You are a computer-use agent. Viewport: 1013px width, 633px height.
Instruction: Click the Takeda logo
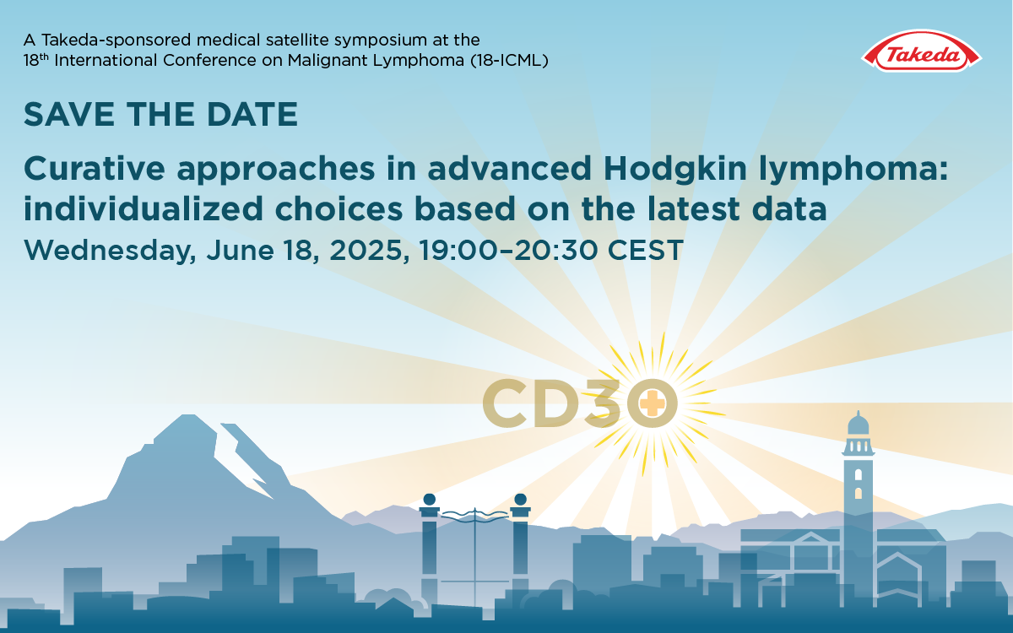tap(921, 51)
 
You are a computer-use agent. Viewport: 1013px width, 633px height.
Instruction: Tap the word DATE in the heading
tap(252, 115)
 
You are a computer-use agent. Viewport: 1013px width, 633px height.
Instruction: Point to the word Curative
tap(95, 169)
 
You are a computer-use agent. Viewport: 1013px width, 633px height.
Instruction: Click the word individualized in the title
tap(144, 208)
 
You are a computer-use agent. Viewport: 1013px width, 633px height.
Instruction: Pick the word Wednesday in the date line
tap(110, 251)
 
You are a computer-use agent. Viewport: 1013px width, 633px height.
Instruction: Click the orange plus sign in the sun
tap(652, 403)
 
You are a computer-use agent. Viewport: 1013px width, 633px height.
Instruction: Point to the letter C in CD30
tap(505, 403)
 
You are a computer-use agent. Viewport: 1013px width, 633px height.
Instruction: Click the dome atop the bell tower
tap(859, 424)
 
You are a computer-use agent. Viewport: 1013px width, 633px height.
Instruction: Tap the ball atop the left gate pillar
tap(429, 500)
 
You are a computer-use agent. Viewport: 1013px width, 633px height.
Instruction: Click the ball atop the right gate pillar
tap(521, 500)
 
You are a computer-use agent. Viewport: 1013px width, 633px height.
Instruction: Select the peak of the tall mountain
tap(189, 415)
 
